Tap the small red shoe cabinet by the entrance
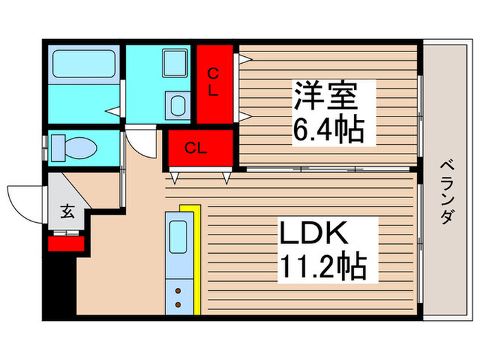[66, 242]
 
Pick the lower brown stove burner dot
[178, 303]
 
